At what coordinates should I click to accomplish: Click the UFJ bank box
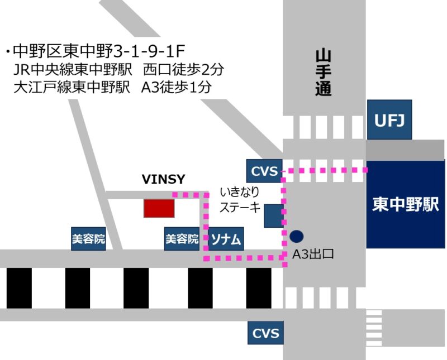point(389,119)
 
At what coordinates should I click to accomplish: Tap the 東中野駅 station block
point(406,204)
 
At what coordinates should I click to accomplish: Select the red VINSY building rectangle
point(159,209)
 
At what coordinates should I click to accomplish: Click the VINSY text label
point(163,179)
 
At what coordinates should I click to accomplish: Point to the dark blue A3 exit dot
point(297,236)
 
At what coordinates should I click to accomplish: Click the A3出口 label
point(313,254)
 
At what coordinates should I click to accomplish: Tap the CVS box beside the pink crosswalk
point(264,171)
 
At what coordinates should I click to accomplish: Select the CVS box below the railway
point(265,333)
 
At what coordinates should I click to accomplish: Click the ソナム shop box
point(226,239)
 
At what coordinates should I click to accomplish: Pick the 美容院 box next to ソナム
point(182,239)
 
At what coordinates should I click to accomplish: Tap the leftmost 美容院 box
point(88,239)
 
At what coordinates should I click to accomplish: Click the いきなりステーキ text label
point(240,200)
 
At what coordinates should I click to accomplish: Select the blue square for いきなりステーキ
point(274,215)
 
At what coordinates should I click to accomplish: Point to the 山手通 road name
point(324,73)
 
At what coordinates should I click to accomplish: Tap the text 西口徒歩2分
point(183,70)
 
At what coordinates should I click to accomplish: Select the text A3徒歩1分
point(177,87)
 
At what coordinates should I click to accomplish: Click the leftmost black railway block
point(19,288)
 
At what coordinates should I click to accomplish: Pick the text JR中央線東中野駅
point(73,70)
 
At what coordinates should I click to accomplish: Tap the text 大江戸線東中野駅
point(72,87)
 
